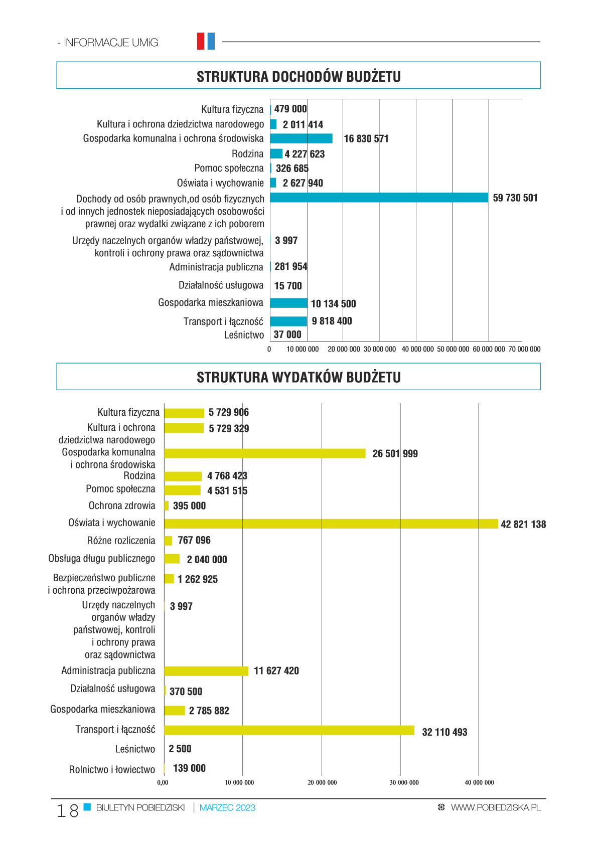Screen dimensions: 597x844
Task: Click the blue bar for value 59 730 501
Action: (x=379, y=198)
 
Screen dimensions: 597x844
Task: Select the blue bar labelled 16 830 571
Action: (x=301, y=138)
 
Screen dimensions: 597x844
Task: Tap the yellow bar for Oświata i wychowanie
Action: (x=331, y=524)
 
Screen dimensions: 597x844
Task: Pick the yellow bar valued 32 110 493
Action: (x=289, y=730)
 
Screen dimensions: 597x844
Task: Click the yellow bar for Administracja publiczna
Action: (x=206, y=670)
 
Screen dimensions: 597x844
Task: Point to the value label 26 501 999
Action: (x=395, y=453)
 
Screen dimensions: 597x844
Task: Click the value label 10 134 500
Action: (x=333, y=303)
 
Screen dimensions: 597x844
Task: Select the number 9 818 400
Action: (x=332, y=320)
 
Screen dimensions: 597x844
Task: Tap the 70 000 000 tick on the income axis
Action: (x=524, y=349)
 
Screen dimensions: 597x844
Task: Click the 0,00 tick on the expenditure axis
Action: (x=163, y=782)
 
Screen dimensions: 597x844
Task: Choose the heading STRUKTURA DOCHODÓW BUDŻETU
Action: (x=298, y=77)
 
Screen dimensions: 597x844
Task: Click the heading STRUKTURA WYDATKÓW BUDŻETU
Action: (x=298, y=377)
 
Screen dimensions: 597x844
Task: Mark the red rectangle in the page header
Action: (x=201, y=41)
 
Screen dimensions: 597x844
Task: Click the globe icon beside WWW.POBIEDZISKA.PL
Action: (x=441, y=807)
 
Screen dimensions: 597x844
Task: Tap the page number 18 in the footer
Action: (x=67, y=810)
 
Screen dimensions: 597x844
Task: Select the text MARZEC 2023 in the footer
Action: (x=227, y=807)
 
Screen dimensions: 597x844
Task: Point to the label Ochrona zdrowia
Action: (x=122, y=505)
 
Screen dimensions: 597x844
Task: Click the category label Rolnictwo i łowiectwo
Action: (x=112, y=769)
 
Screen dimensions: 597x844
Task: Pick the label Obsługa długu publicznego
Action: (x=101, y=558)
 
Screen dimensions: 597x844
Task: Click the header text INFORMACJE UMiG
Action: (x=111, y=43)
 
